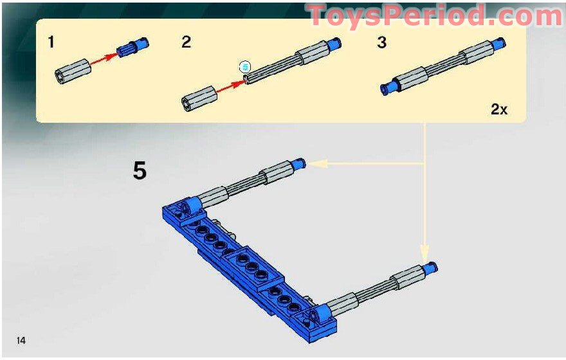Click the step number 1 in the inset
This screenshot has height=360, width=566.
click(51, 42)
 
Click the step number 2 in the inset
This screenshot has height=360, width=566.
click(187, 42)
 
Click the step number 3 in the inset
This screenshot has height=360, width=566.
click(382, 42)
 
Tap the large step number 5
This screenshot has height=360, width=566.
click(140, 171)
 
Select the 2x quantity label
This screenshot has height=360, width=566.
click(499, 109)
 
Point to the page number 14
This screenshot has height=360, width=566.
click(21, 340)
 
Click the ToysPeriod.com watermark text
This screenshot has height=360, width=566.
click(435, 15)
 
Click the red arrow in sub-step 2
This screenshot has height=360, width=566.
click(228, 87)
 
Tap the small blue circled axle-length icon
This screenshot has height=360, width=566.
click(244, 66)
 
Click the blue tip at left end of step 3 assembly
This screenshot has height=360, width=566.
click(388, 89)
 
